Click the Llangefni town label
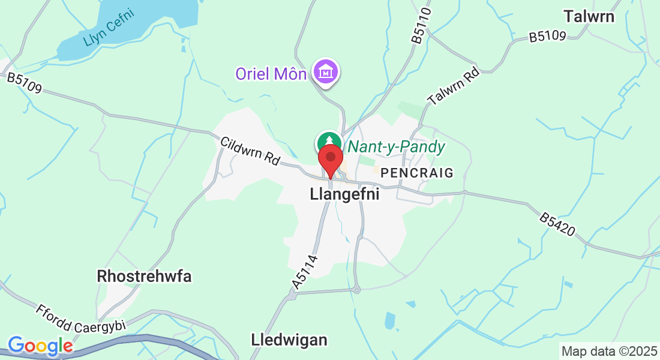pyautogui.click(x=345, y=194)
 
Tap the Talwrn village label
pyautogui.click(x=589, y=16)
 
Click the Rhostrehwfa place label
pyautogui.click(x=144, y=277)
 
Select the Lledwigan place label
pyautogui.click(x=289, y=340)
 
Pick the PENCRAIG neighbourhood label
pyautogui.click(x=417, y=173)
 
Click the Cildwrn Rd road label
pyautogui.click(x=250, y=151)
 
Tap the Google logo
pyautogui.click(x=40, y=346)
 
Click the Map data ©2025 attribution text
pyautogui.click(x=608, y=350)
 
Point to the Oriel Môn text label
pyautogui.click(x=271, y=74)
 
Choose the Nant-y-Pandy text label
pyautogui.click(x=397, y=147)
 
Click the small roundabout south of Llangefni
pyautogui.click(x=356, y=290)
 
